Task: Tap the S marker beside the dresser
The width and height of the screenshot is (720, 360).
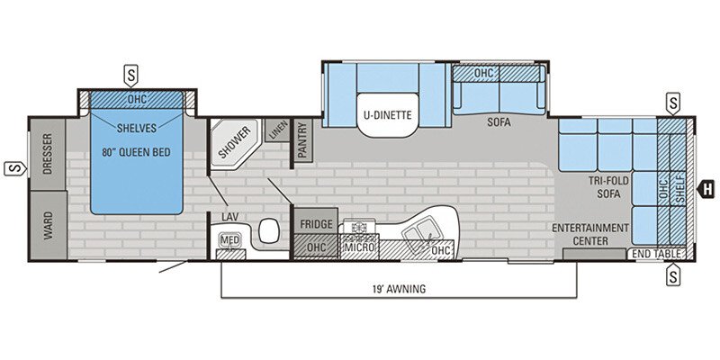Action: click(x=15, y=168)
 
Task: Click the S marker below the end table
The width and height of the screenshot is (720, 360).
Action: click(x=672, y=274)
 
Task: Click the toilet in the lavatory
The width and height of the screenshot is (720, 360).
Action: click(x=268, y=230)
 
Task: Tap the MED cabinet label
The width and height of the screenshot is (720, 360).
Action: click(x=230, y=239)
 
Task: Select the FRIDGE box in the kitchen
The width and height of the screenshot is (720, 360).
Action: click(x=316, y=224)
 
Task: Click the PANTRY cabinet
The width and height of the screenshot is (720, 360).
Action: click(x=302, y=141)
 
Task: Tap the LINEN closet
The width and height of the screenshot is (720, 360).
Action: click(x=277, y=130)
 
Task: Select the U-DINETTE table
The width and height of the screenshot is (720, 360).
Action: click(x=388, y=115)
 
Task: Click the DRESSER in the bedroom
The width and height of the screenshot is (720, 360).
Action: click(x=48, y=154)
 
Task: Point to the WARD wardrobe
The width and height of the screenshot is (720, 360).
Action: click(x=49, y=225)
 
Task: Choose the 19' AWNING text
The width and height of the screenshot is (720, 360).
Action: click(x=399, y=289)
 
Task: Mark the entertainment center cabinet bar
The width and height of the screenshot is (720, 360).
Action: click(x=595, y=254)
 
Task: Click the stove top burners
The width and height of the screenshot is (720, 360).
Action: click(x=356, y=227)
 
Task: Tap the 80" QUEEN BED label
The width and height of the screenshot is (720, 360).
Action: click(x=136, y=152)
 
